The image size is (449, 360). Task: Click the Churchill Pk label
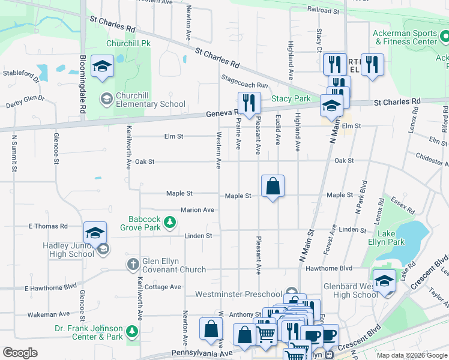pyautogui.click(x=128, y=43)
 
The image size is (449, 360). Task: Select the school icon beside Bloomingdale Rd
pyautogui.click(x=102, y=67)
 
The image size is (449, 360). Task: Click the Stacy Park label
pyautogui.click(x=291, y=98)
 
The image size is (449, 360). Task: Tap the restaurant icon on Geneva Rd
pyautogui.click(x=249, y=103)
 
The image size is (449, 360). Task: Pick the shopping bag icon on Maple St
pyautogui.click(x=273, y=186)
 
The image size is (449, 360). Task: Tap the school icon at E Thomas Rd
pyautogui.click(x=95, y=233)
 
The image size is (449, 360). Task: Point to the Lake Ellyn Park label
pyautogui.click(x=388, y=238)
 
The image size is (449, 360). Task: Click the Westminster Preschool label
pyautogui.click(x=238, y=295)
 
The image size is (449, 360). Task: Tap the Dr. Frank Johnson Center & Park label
pyautogui.click(x=89, y=332)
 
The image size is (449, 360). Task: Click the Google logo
pyautogui.click(x=20, y=353)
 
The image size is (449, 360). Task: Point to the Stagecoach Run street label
pyautogui.click(x=244, y=86)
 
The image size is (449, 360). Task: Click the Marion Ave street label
pyautogui.click(x=197, y=210)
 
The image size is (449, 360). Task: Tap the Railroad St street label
pyautogui.click(x=323, y=10)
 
